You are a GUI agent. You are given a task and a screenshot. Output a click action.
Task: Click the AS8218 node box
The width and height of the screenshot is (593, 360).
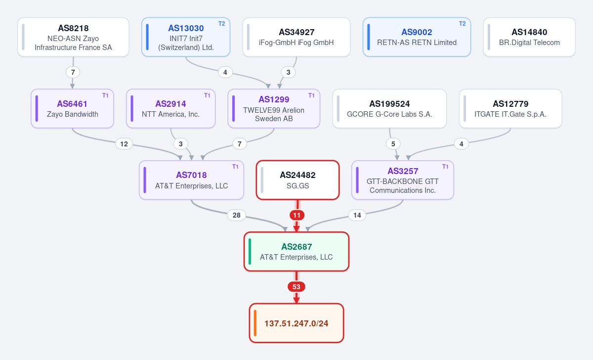tap(73, 37)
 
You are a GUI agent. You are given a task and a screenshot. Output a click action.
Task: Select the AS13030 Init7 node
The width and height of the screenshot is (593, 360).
tap(186, 37)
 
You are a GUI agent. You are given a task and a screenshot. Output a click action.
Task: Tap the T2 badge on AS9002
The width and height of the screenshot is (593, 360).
tap(462, 24)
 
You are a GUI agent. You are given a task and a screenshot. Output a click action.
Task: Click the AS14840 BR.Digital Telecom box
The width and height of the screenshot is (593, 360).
tap(529, 37)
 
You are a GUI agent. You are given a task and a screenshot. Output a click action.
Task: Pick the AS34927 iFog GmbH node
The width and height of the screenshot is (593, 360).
tap(296, 37)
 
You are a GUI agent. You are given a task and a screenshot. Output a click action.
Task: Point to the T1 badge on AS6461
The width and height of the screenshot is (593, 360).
tap(105, 95)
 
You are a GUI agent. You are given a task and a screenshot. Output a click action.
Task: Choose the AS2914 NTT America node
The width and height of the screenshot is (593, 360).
tap(171, 109)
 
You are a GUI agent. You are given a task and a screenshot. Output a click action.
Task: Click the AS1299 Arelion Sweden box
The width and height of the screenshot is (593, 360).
tap(274, 109)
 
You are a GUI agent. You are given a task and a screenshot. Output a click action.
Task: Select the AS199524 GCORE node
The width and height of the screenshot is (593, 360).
tap(389, 109)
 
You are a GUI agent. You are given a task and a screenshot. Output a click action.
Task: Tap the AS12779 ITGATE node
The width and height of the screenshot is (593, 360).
tap(510, 109)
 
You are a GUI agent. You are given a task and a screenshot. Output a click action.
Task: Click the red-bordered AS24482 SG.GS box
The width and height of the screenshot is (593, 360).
tap(297, 180)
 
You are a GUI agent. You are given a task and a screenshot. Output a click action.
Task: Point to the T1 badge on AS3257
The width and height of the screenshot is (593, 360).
tap(445, 167)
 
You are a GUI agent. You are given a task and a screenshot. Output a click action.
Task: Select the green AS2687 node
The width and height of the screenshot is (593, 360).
tap(296, 252)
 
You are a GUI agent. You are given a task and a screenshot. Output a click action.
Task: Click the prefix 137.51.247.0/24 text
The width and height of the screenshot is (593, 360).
tap(296, 323)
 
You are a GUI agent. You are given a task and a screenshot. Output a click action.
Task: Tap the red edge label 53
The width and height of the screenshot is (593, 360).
tap(296, 287)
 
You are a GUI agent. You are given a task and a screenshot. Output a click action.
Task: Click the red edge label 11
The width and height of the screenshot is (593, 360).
tap(297, 216)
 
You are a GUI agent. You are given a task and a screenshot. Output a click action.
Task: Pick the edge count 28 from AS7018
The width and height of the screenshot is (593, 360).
tap(236, 216)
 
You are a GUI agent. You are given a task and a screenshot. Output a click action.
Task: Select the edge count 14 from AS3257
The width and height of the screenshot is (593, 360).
tap(357, 216)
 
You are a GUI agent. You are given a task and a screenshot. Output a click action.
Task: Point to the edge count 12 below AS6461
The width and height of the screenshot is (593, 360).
tap(124, 144)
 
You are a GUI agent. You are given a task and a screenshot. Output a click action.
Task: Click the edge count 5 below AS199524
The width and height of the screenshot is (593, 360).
tap(393, 144)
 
